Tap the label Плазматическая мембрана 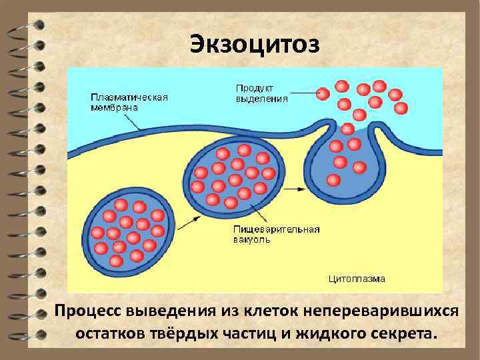[x=129, y=101]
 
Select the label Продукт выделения [x=262, y=93]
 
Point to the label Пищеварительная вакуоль [x=276, y=234]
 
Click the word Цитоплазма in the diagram [x=357, y=279]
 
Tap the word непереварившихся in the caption [x=381, y=311]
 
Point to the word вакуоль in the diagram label [x=252, y=239]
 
